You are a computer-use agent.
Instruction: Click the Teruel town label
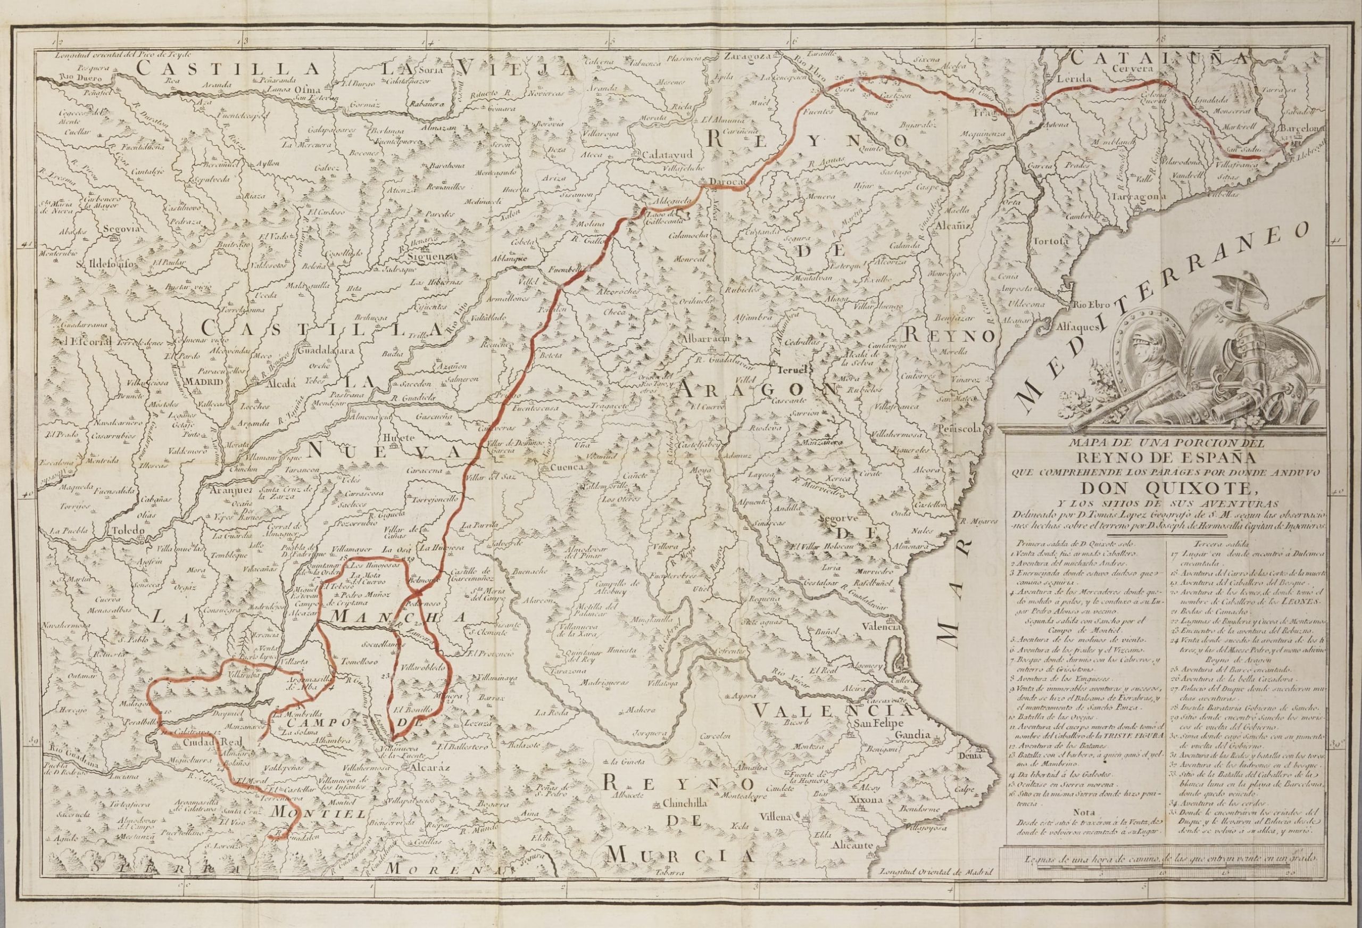coord(793,370)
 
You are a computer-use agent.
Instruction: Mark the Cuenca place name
coord(567,468)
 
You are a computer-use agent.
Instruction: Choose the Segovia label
coord(122,229)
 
